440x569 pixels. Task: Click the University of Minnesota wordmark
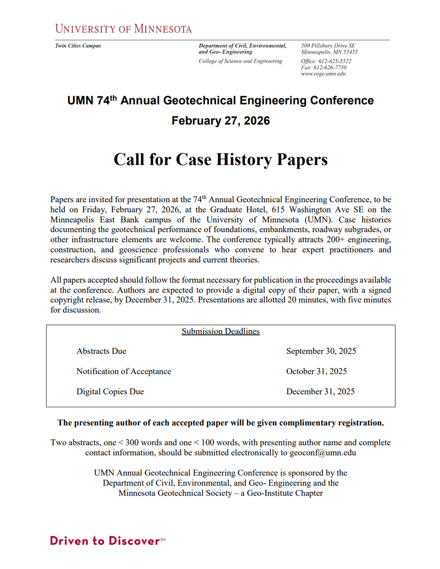(x=123, y=28)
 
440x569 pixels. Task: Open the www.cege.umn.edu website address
(x=323, y=74)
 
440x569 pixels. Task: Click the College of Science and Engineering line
(x=240, y=61)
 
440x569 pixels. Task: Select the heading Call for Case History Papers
(x=220, y=159)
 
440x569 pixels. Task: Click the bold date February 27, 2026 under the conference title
(x=220, y=121)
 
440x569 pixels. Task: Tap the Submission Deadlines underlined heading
(x=220, y=331)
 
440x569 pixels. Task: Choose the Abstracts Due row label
(x=101, y=351)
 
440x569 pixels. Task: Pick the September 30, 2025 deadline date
(x=321, y=351)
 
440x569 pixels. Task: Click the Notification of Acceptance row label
(x=123, y=371)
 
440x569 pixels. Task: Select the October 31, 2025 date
(x=316, y=371)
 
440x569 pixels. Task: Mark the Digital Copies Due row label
(x=110, y=392)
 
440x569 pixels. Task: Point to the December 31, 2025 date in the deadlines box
(x=320, y=392)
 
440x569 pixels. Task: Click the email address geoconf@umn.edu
(x=323, y=452)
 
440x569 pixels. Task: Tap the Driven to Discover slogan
(x=104, y=541)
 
